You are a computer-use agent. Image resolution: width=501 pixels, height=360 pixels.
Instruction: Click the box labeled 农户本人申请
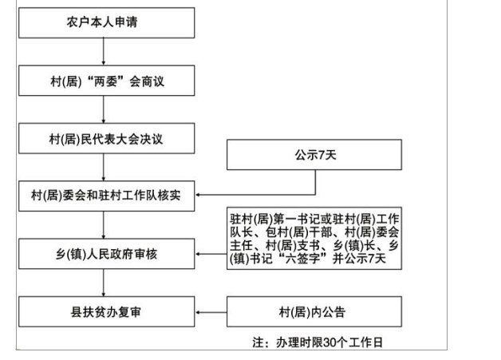point(106,22)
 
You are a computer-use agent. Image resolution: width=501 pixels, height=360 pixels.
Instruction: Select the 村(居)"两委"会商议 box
point(106,81)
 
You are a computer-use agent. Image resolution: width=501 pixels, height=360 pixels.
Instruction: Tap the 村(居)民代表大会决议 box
point(106,138)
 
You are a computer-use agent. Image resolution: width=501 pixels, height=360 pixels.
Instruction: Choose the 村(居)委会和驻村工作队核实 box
point(106,196)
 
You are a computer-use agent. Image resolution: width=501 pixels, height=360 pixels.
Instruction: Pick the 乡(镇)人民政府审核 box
point(106,254)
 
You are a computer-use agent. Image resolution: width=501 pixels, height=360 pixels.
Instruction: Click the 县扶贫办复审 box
point(106,312)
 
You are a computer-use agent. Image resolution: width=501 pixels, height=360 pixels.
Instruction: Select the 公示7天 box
point(314,155)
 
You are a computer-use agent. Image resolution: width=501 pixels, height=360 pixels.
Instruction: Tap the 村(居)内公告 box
point(314,312)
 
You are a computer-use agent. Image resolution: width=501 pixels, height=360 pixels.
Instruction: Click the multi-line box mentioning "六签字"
point(314,238)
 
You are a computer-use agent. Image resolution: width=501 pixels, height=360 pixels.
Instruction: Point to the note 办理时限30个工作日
point(318,342)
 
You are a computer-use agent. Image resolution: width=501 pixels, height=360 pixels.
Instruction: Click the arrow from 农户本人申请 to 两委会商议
point(103,51)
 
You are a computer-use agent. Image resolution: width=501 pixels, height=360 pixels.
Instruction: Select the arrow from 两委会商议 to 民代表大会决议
point(103,109)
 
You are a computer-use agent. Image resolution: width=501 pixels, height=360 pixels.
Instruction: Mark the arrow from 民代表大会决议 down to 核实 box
point(103,167)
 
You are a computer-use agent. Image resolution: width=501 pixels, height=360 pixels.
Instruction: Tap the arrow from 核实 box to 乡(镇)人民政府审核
point(103,225)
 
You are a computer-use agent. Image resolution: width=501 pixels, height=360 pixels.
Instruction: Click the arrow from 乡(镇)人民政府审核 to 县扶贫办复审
point(103,283)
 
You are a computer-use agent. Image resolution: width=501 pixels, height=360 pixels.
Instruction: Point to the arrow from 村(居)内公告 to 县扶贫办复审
point(211,312)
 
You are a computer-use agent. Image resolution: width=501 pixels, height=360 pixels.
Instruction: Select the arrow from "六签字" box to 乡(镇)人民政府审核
point(211,254)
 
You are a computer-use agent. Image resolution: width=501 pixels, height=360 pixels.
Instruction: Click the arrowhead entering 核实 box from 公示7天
point(198,195)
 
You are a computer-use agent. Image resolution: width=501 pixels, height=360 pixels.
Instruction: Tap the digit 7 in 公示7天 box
point(322,155)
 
